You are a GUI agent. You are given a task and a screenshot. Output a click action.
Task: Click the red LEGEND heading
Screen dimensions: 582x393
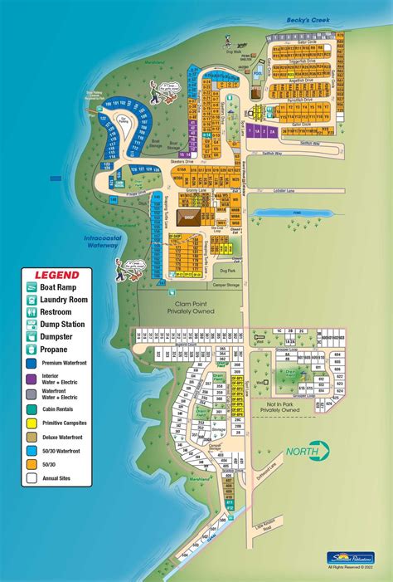(56, 275)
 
